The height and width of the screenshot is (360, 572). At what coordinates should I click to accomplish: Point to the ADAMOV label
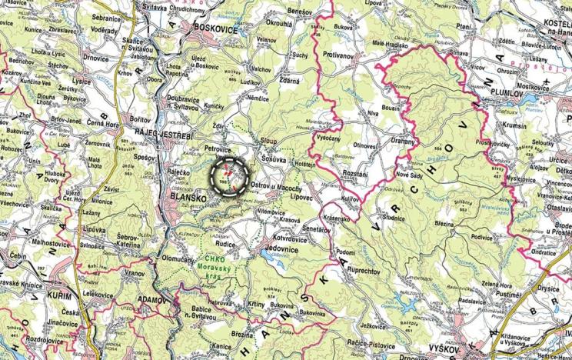click(151, 298)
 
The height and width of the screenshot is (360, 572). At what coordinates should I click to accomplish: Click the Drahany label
click(401, 142)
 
